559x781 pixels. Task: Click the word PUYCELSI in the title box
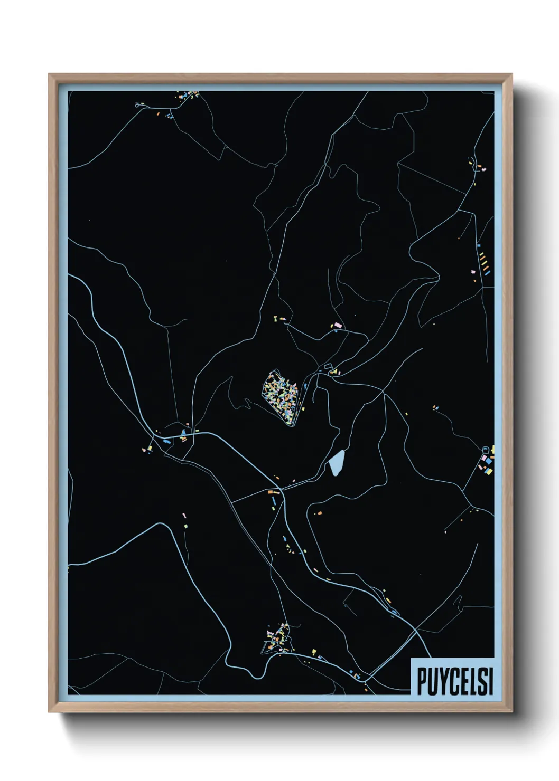(455, 681)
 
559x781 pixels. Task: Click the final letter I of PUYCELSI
(491, 681)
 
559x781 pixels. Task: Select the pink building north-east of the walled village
(337, 325)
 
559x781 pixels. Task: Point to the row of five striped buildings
(482, 261)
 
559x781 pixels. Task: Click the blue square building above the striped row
(479, 245)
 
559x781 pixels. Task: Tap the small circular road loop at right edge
(486, 449)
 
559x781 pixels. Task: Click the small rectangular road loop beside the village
(328, 366)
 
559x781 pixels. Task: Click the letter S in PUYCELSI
(482, 681)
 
